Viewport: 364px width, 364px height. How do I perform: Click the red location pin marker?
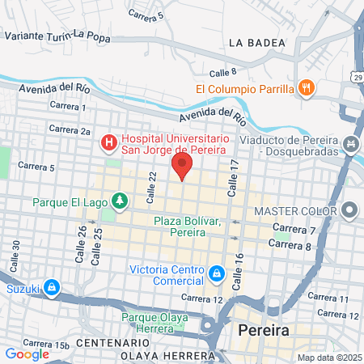pyautogui.click(x=182, y=167)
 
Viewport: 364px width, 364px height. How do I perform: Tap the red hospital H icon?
pyautogui.click(x=108, y=142)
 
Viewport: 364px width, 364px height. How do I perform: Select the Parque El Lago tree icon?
pyautogui.click(x=120, y=199)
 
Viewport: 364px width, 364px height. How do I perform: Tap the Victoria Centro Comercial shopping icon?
pyautogui.click(x=216, y=275)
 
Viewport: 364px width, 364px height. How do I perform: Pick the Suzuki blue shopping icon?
pyautogui.click(x=51, y=286)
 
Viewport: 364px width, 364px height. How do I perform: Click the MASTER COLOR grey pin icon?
pyautogui.click(x=349, y=211)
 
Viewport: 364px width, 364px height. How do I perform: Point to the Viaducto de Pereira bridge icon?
pyautogui.click(x=350, y=143)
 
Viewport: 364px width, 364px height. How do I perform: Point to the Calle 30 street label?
pyautogui.click(x=15, y=255)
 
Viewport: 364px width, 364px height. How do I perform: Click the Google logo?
pyautogui.click(x=27, y=353)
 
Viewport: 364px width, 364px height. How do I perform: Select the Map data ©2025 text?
pyautogui.click(x=329, y=358)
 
